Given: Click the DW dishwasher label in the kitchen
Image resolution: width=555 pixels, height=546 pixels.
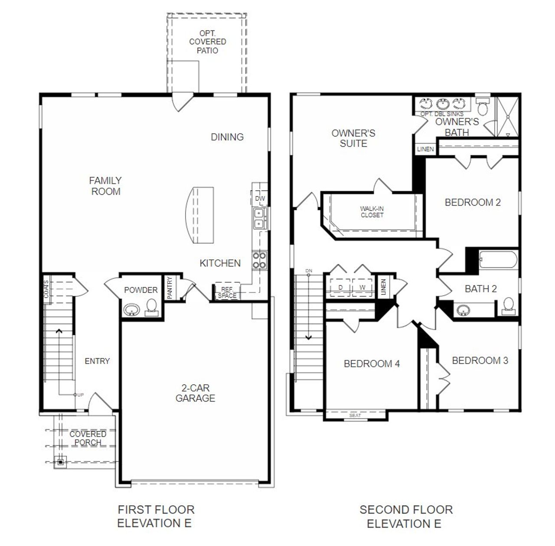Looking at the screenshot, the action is point(260,198).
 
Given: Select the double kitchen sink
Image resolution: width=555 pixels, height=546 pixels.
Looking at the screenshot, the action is point(259,219).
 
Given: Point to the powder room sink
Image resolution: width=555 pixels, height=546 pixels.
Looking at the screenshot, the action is point(132,310).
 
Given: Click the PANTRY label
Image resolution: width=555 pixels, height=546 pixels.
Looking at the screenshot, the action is point(170,287).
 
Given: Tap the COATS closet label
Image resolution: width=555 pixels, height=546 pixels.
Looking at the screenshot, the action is point(46,289).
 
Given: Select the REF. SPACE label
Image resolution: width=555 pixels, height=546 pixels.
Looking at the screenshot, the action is point(227,292).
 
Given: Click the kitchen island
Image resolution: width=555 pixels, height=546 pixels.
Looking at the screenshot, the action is point(199,215).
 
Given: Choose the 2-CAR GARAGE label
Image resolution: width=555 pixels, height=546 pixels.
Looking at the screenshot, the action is point(195,393).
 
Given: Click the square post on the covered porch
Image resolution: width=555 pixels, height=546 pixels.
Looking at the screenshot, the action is point(60,462).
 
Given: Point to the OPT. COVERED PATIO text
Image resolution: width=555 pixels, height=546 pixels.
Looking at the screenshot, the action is point(207,42).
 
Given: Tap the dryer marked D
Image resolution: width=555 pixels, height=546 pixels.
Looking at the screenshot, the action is point(340,287).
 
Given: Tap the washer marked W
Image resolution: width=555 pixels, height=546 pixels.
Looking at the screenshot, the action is point(362,287).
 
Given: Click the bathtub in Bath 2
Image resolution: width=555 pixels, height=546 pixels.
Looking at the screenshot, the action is point(498,260).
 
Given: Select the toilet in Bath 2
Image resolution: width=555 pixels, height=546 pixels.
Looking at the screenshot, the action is point(509,306).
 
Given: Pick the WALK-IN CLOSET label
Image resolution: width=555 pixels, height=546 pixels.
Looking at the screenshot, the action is point(372,212).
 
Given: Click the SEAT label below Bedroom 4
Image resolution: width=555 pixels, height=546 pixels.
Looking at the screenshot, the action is point(355,415).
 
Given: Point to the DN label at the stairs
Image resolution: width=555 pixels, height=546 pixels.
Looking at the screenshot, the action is point(309,271).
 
